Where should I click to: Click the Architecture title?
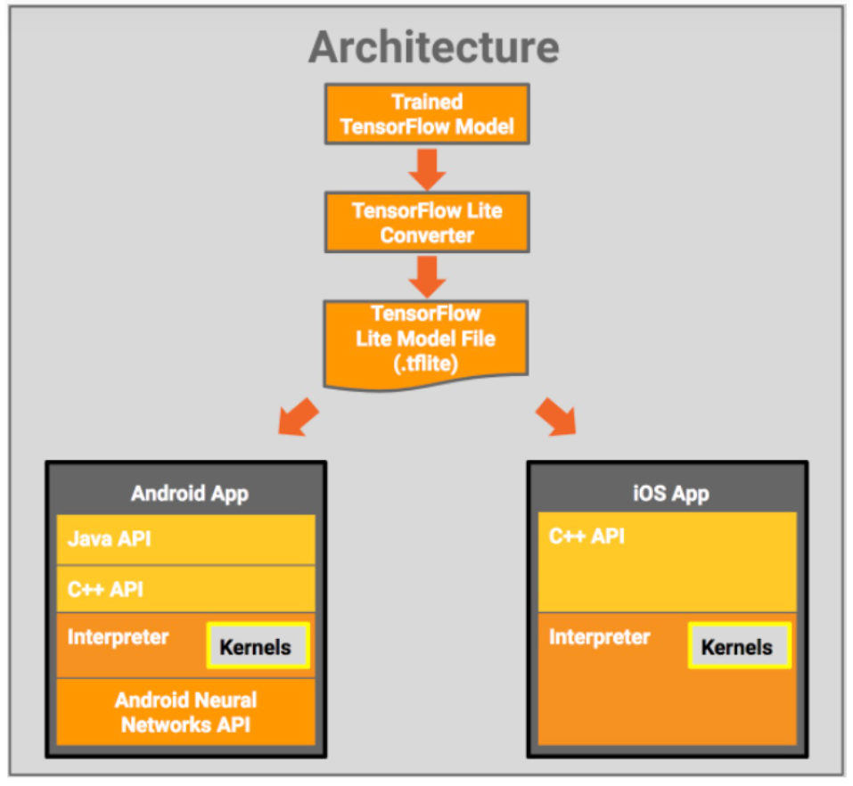click(x=433, y=46)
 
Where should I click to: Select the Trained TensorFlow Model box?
click(x=427, y=114)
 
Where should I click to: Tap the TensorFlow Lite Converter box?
click(x=427, y=223)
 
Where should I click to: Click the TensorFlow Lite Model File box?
click(x=427, y=340)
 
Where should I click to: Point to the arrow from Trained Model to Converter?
click(x=427, y=168)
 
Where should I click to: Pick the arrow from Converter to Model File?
click(x=427, y=275)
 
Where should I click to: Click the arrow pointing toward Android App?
click(x=298, y=416)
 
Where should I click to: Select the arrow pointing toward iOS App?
click(x=556, y=416)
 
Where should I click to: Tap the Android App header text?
click(x=189, y=493)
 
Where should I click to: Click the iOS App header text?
click(x=669, y=493)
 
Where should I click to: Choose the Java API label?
click(x=109, y=539)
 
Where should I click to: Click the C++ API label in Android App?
click(x=105, y=589)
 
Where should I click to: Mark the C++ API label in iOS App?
click(x=586, y=536)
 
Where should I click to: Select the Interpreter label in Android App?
click(x=118, y=637)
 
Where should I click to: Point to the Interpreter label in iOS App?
click(x=599, y=637)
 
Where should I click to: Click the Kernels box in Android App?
click(x=258, y=646)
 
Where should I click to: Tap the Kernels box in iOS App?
click(x=739, y=646)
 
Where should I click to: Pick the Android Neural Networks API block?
click(x=185, y=712)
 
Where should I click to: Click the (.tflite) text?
click(x=426, y=362)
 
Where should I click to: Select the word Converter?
click(x=427, y=235)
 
